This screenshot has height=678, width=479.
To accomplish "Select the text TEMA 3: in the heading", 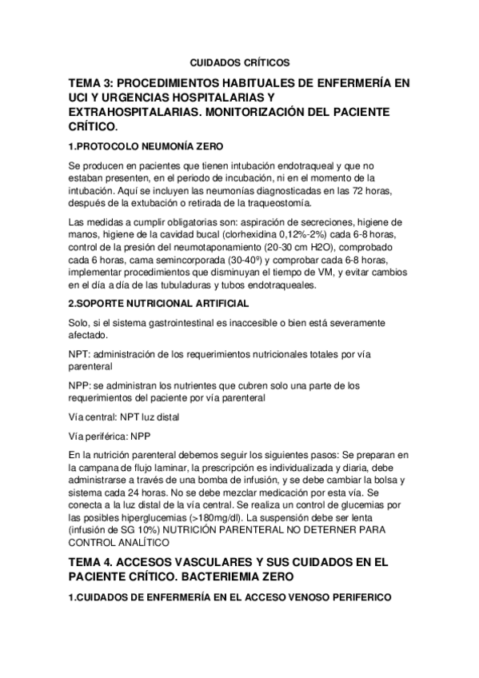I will point(93,82).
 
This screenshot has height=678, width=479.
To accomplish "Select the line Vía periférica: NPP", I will point(110,436).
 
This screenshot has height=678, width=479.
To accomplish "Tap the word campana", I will point(102,467).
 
